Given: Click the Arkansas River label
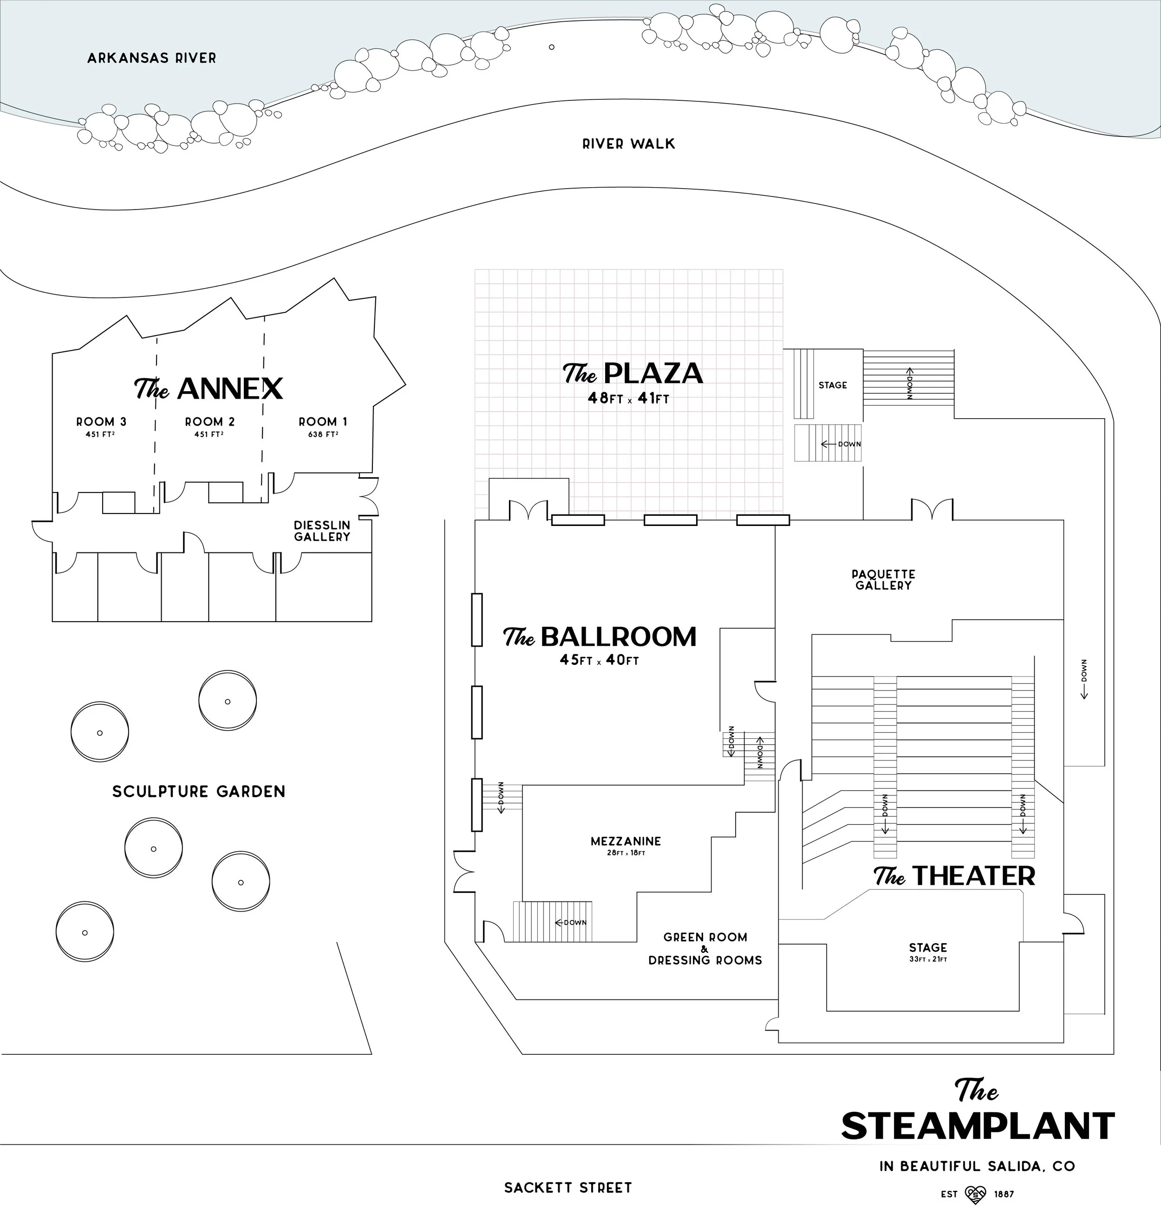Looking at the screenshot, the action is (x=151, y=58).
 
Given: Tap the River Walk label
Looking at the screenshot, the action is (x=628, y=144).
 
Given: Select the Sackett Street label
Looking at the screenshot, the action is (x=567, y=1187).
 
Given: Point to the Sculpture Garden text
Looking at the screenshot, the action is (x=199, y=791).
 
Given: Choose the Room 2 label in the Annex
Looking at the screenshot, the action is (x=210, y=421).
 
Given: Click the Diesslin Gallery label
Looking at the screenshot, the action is (x=322, y=531).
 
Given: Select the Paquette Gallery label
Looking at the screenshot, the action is (x=883, y=580).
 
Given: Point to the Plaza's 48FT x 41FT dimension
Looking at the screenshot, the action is (x=628, y=399).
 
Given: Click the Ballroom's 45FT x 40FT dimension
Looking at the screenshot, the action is (x=599, y=660).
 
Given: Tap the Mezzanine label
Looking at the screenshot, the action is (x=626, y=841).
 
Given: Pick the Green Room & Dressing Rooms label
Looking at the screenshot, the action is (x=705, y=948).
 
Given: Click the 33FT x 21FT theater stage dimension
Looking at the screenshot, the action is (x=928, y=959).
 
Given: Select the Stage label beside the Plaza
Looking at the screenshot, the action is (x=832, y=385).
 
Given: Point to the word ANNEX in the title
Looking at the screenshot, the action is (x=229, y=389).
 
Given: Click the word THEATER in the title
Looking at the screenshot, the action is (x=973, y=876).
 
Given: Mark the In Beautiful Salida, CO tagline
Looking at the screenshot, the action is (x=977, y=1166).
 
